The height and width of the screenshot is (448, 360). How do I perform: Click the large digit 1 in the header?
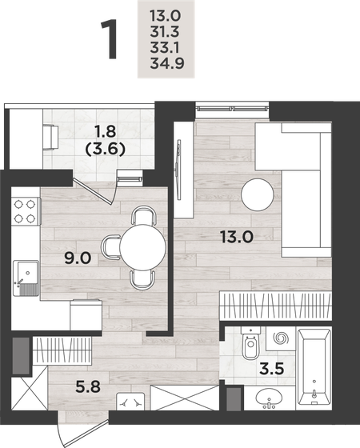coord(110,42)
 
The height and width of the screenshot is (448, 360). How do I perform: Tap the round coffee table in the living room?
coord(259,193)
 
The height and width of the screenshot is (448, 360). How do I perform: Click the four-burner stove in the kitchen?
coord(26,210)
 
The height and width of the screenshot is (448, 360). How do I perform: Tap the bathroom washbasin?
coord(269,397)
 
